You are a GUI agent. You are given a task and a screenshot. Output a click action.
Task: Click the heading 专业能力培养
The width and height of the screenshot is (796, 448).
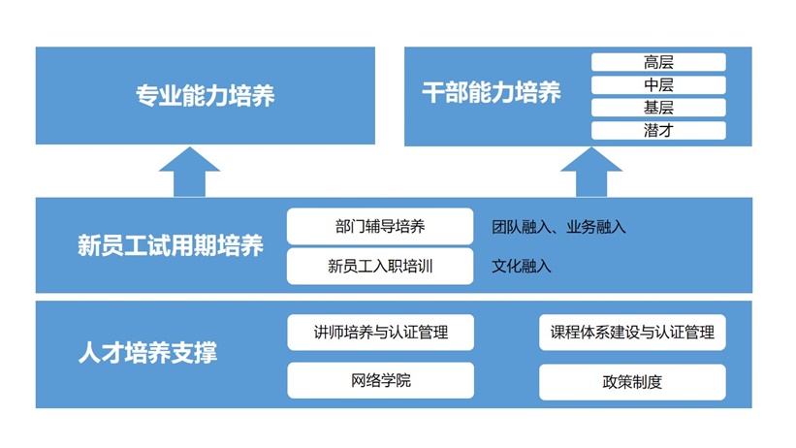(205, 96)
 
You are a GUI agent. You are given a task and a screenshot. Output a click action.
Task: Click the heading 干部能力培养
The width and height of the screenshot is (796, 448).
(492, 93)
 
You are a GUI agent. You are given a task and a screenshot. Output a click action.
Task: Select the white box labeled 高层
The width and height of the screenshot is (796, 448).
(658, 62)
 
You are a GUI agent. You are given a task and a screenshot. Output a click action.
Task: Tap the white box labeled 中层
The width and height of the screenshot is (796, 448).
(658, 85)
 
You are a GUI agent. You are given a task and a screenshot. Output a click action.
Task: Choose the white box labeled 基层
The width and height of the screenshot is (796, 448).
(658, 108)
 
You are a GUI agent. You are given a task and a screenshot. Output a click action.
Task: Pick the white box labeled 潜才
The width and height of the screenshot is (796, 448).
(658, 130)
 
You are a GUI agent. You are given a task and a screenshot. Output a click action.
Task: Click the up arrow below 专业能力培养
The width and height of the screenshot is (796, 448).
(189, 172)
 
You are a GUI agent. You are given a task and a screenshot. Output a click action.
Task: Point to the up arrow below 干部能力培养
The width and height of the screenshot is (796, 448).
(590, 172)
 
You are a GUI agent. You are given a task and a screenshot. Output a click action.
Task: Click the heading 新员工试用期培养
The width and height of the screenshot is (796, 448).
(171, 245)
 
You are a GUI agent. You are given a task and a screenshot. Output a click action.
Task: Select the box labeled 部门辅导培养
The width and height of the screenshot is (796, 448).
(380, 227)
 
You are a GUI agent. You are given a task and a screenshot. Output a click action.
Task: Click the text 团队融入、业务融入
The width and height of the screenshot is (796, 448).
(558, 228)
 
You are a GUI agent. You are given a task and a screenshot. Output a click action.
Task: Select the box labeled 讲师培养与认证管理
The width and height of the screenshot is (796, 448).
(380, 333)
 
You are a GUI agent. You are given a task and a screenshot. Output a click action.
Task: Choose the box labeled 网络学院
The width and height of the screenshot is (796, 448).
(380, 380)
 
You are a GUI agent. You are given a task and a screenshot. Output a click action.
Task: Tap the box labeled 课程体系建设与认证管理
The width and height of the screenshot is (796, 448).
(632, 333)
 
